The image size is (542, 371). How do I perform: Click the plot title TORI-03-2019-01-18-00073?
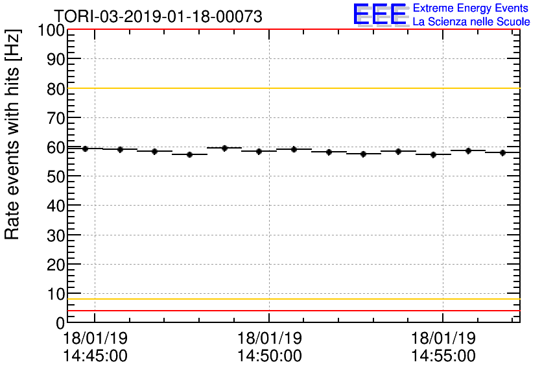pyautogui.click(x=158, y=16)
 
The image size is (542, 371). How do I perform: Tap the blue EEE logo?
pyautogui.click(x=380, y=14)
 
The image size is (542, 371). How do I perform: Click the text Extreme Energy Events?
pyautogui.click(x=470, y=8)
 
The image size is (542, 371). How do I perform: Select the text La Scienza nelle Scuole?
pyautogui.click(x=471, y=21)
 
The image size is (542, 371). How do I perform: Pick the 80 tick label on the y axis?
pyautogui.click(x=54, y=89)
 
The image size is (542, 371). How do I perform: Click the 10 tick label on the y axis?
pyautogui.click(x=54, y=294)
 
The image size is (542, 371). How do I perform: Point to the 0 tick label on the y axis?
pyautogui.click(x=59, y=323)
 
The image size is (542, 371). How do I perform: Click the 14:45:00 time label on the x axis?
pyautogui.click(x=95, y=356)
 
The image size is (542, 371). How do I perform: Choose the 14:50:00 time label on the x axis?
pyautogui.click(x=269, y=356)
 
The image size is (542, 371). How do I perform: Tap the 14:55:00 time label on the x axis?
pyautogui.click(x=443, y=356)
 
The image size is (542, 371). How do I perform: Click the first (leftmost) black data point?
pyautogui.click(x=85, y=149)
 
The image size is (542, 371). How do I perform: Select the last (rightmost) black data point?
pyautogui.click(x=502, y=152)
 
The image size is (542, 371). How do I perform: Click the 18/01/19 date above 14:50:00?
pyautogui.click(x=269, y=339)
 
